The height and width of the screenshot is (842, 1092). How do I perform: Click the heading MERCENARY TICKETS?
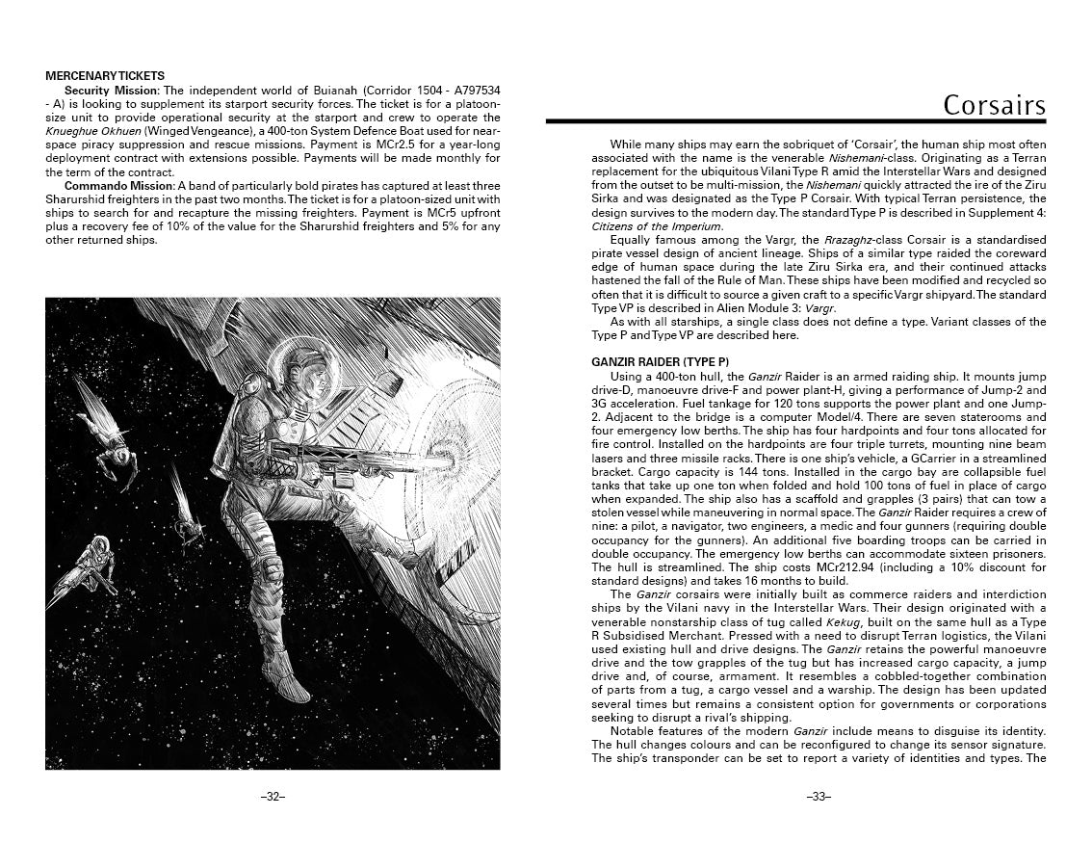pyautogui.click(x=105, y=75)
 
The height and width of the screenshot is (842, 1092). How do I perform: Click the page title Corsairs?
pyautogui.click(x=993, y=104)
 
